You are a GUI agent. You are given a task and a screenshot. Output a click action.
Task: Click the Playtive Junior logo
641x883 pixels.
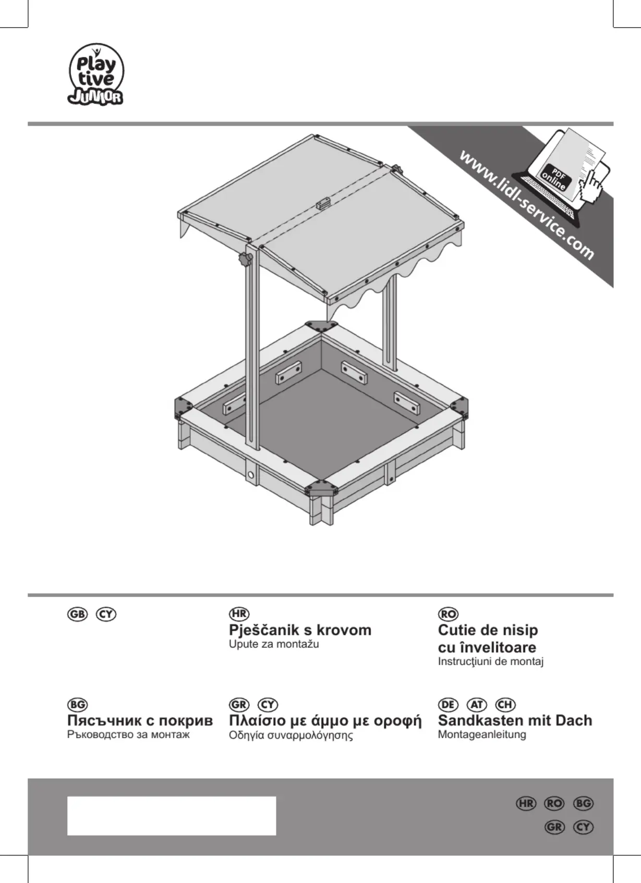[x=96, y=75]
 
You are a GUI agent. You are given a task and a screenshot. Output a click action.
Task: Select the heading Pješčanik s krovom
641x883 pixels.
[x=300, y=630]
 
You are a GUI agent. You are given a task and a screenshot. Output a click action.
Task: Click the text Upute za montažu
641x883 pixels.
[x=274, y=644]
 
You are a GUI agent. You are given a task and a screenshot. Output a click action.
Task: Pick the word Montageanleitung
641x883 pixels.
[x=482, y=735]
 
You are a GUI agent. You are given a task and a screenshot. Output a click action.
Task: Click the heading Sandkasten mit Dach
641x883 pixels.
[x=515, y=720]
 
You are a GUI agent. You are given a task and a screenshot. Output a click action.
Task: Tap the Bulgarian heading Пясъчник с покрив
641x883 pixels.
[x=140, y=720]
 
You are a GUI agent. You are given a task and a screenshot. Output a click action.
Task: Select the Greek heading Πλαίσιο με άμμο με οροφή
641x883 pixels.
[x=325, y=720]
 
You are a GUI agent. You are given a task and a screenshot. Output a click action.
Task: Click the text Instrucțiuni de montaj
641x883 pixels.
[x=491, y=662]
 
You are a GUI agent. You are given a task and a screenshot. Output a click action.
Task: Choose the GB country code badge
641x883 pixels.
[x=77, y=614]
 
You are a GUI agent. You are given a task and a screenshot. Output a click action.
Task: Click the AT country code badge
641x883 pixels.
[x=477, y=705]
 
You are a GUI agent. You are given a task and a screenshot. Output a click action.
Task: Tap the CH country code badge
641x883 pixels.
[x=505, y=705]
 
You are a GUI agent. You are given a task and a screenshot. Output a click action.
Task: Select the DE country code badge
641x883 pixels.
[x=448, y=705]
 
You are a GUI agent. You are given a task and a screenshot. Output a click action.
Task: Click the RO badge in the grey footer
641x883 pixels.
[x=554, y=803]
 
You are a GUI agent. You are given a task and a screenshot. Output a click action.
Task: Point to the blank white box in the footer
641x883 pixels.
[x=172, y=816]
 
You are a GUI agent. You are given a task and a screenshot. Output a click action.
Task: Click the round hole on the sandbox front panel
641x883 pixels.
[x=251, y=475]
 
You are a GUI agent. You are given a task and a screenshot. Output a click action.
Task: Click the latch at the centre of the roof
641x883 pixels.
[x=323, y=202]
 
